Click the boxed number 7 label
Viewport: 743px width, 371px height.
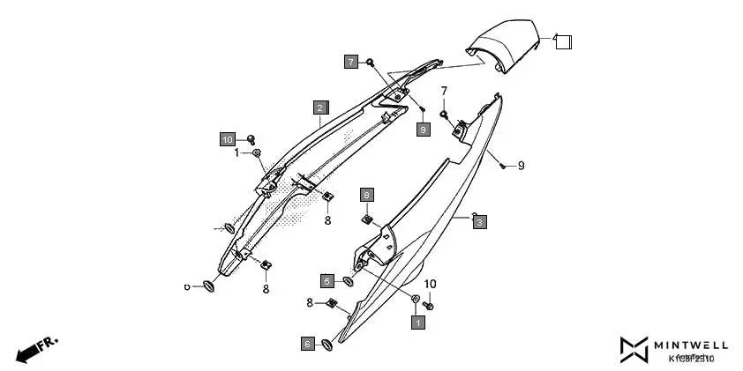(x=350, y=62)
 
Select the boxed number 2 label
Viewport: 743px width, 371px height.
(x=319, y=108)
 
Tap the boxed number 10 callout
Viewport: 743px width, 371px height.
(x=228, y=139)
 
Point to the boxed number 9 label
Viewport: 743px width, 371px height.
(x=423, y=130)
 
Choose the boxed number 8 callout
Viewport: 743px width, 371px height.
(x=366, y=194)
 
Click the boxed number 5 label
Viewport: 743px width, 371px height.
(x=326, y=281)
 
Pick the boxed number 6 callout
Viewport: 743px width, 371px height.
(x=307, y=344)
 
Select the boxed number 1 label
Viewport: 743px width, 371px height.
(x=418, y=323)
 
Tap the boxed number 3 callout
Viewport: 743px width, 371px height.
(x=478, y=223)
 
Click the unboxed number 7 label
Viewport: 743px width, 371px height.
(x=444, y=91)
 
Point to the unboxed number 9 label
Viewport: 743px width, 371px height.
(x=521, y=166)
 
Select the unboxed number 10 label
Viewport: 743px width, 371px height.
(x=431, y=284)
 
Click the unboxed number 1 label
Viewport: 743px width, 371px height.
(x=236, y=153)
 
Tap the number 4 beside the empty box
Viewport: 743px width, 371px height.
(x=556, y=39)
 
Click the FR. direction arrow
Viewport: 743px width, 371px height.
(x=35, y=348)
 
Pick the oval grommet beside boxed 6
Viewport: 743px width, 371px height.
(x=326, y=345)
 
